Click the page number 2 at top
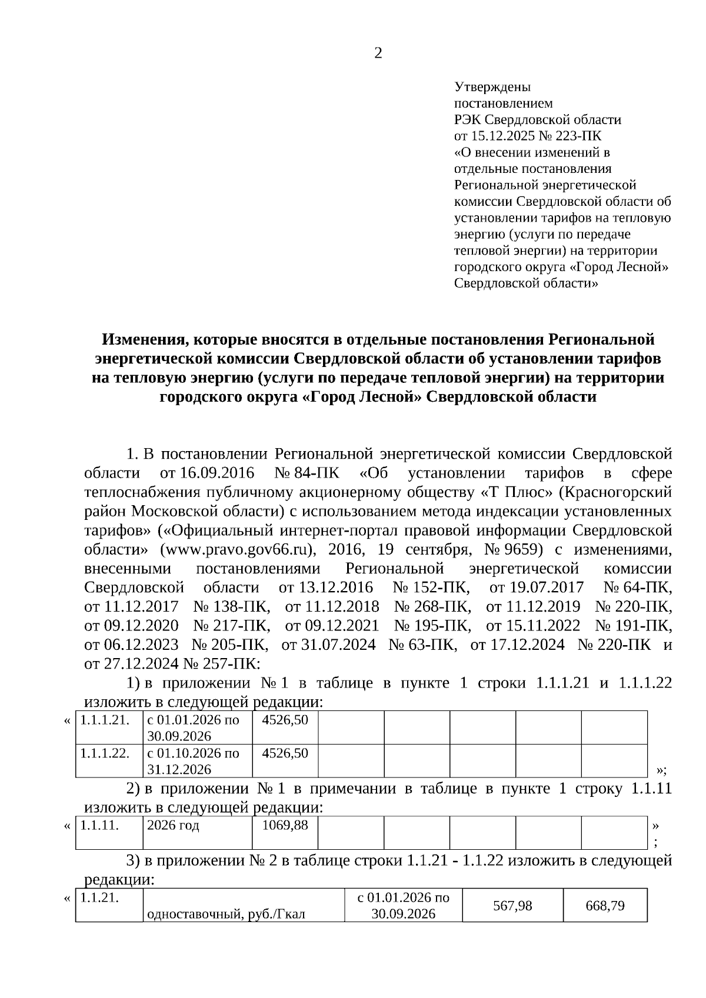(378, 54)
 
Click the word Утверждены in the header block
(492, 87)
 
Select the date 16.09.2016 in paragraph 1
(217, 473)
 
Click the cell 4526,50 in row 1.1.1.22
(285, 753)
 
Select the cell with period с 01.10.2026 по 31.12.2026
(193, 761)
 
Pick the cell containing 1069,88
(285, 825)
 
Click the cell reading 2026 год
(173, 825)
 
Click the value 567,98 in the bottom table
(512, 906)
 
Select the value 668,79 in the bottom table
(605, 906)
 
